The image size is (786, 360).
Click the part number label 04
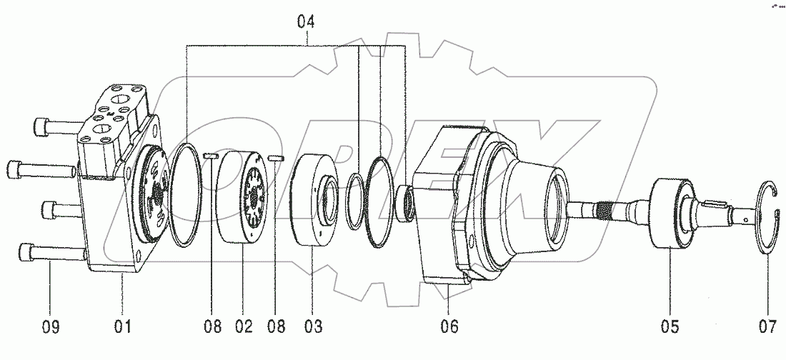(x=306, y=22)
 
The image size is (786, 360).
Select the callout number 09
(x=50, y=327)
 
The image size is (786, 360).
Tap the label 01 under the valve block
(x=123, y=327)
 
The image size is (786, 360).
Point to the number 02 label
(x=243, y=327)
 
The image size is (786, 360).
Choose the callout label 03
(x=312, y=327)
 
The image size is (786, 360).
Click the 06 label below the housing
(x=449, y=327)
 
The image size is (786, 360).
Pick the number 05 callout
(x=670, y=327)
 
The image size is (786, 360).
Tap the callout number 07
(x=767, y=327)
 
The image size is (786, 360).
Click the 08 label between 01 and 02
(x=212, y=327)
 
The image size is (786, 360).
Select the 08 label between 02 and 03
(x=276, y=327)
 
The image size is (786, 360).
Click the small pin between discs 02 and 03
(x=277, y=157)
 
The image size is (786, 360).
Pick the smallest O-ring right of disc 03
(x=352, y=200)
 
